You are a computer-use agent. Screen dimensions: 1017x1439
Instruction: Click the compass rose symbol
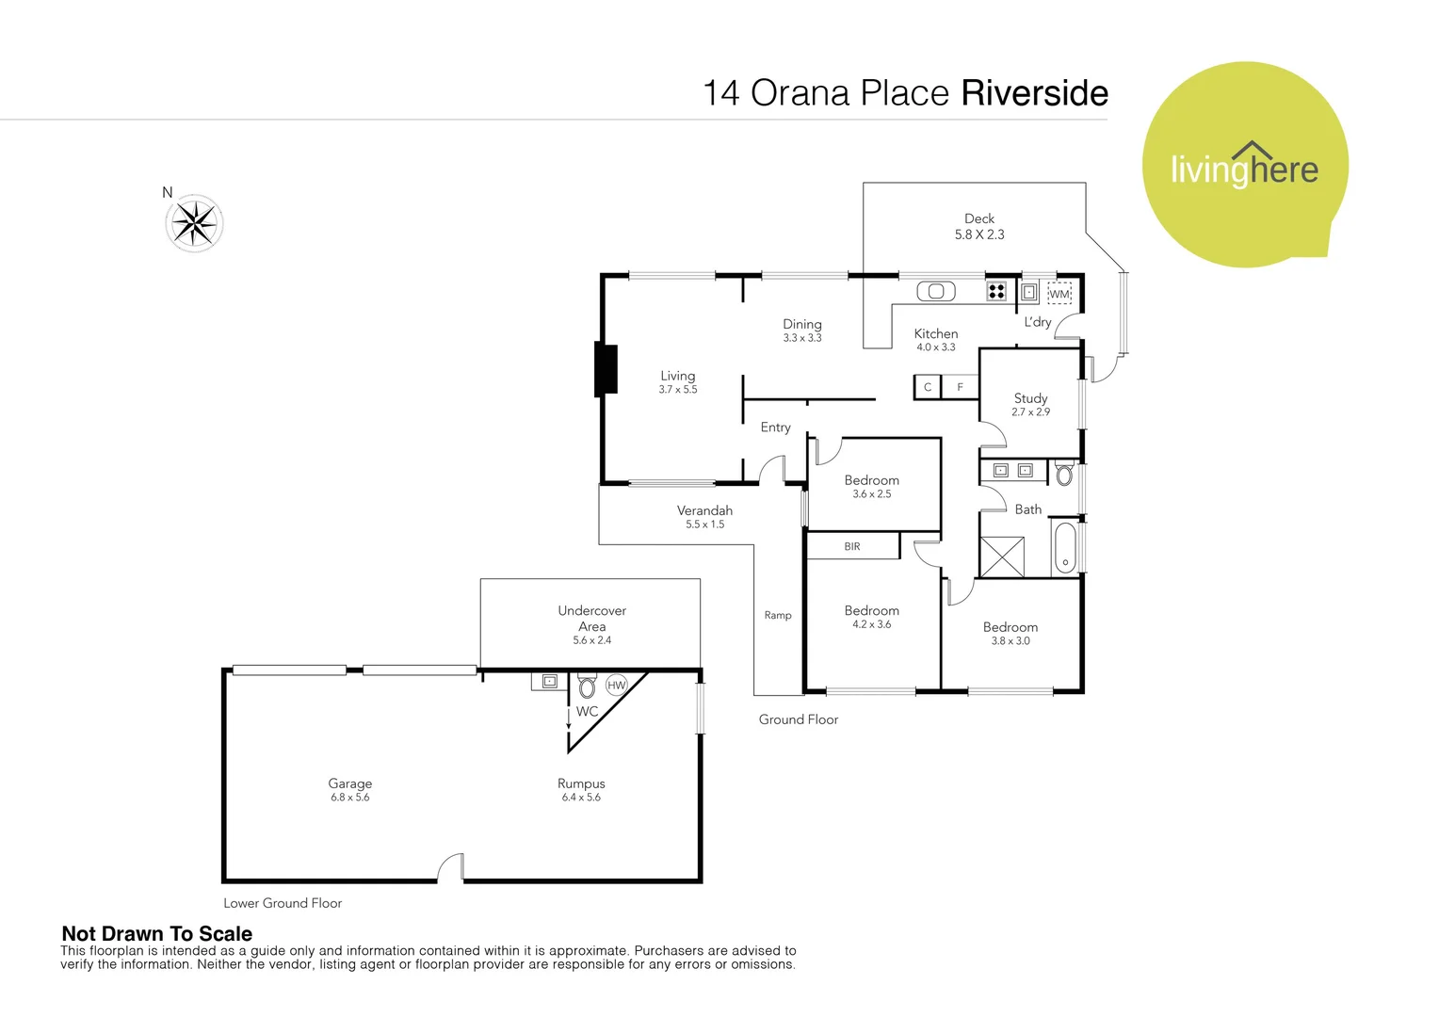coord(195,224)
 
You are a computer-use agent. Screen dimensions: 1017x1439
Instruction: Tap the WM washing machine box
coord(1059,294)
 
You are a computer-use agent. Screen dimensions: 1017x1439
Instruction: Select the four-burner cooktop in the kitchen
coord(996,292)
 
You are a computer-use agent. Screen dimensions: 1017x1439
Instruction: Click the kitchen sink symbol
coord(936,292)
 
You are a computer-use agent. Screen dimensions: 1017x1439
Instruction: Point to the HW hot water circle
coord(617,686)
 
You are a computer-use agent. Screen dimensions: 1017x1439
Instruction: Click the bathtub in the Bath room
coord(1065,548)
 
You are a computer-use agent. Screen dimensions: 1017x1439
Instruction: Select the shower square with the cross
coord(1002,557)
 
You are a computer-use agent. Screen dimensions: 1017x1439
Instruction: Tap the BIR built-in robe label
coord(852,546)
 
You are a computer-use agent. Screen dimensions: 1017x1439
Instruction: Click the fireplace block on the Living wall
coord(606,369)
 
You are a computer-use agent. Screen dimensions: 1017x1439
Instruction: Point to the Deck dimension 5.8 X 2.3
coord(979,234)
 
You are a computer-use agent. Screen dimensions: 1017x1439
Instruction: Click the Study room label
coord(1030,398)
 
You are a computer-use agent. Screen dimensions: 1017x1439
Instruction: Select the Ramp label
coord(778,616)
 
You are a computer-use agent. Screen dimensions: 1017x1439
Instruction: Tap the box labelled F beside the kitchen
coord(961,387)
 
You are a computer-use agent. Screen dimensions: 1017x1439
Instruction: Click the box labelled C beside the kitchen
coord(928,387)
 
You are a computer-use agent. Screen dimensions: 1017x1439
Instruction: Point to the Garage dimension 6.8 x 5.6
coord(349,798)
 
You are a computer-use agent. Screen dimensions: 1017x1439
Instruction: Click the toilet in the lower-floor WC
coord(587,686)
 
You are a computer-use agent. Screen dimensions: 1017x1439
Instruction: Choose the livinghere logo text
coord(1244,169)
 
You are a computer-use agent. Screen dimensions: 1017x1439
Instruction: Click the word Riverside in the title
coord(1034,93)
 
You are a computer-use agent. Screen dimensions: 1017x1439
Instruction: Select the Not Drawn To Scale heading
coord(157,933)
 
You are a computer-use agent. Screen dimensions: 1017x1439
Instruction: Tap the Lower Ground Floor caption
coord(283,903)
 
